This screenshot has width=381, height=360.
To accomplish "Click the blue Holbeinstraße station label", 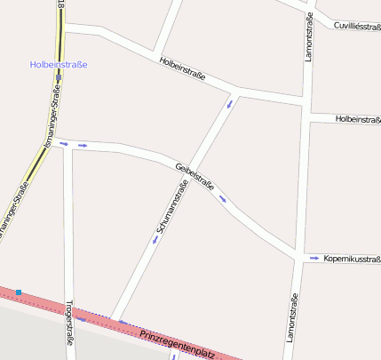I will pyautogui.click(x=59, y=64).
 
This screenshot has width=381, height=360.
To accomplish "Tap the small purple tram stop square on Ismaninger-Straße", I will pyautogui.click(x=59, y=77).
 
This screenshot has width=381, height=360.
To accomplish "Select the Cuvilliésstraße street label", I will pyautogui.click(x=357, y=27).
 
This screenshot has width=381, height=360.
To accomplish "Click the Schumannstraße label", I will pyautogui.click(x=171, y=207).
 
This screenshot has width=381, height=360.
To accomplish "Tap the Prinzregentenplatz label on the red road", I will pyautogui.click(x=178, y=343).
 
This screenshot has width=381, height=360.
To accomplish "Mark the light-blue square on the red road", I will pyautogui.click(x=18, y=292).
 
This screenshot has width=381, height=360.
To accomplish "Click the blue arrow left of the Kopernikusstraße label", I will pyautogui.click(x=314, y=259).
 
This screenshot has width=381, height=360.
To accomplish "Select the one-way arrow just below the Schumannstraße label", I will pyautogui.click(x=155, y=239).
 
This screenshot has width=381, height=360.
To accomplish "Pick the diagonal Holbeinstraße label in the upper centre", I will pyautogui.click(x=182, y=69).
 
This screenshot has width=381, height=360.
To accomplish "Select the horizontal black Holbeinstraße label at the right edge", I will pyautogui.click(x=358, y=119).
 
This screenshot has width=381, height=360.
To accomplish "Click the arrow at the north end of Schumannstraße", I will pyautogui.click(x=231, y=104).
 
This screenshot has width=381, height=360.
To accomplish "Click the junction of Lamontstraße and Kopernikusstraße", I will pyautogui.click(x=297, y=259).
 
